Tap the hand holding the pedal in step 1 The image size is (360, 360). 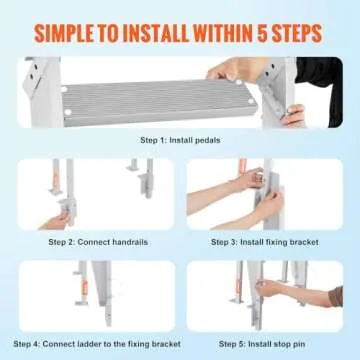(x=240, y=73)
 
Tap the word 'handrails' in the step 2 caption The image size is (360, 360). (x=126, y=242)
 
